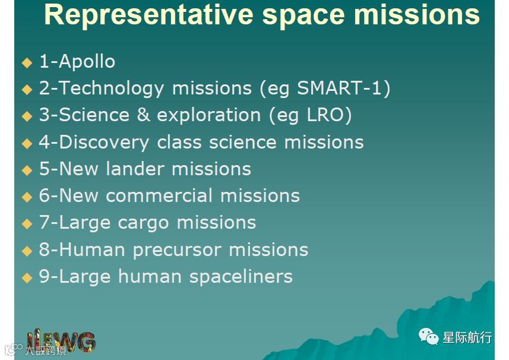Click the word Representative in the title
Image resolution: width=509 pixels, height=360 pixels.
[148, 15]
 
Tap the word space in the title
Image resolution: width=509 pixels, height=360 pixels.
[303, 16]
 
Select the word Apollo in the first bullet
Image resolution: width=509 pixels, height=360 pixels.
[87, 61]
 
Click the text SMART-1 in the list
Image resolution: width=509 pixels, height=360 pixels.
[340, 88]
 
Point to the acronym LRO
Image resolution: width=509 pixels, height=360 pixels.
[325, 115]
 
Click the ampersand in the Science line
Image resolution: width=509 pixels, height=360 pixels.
[143, 115]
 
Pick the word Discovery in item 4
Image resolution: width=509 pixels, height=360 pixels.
[104, 143]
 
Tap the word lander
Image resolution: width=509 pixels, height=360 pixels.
[135, 169]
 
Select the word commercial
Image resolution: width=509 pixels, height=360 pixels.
[159, 195]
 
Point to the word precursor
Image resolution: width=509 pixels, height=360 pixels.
[177, 251]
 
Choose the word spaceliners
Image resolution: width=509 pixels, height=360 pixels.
[241, 277]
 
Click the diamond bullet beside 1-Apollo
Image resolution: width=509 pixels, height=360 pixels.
[27, 62]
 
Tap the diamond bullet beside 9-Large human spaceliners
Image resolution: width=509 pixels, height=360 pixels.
[27, 278]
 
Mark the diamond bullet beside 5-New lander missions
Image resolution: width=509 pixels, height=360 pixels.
[27, 170]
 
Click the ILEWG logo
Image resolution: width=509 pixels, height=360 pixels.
[61, 342]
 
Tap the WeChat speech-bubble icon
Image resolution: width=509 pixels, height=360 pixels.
[428, 336]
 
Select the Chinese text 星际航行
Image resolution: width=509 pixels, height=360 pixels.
[467, 337]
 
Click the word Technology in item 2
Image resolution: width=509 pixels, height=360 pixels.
[111, 89]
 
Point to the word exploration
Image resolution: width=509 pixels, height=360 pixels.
[208, 116]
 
